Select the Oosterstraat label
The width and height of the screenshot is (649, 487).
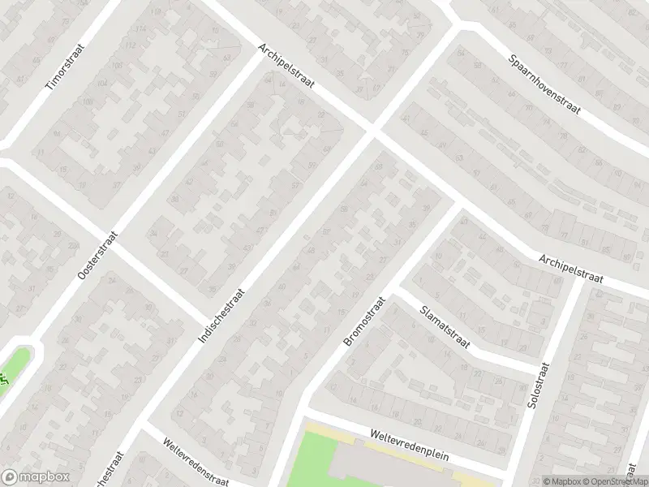[x=98, y=256]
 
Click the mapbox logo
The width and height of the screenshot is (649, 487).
[x=34, y=477]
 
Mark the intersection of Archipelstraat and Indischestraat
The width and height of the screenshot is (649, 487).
[x=373, y=130]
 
